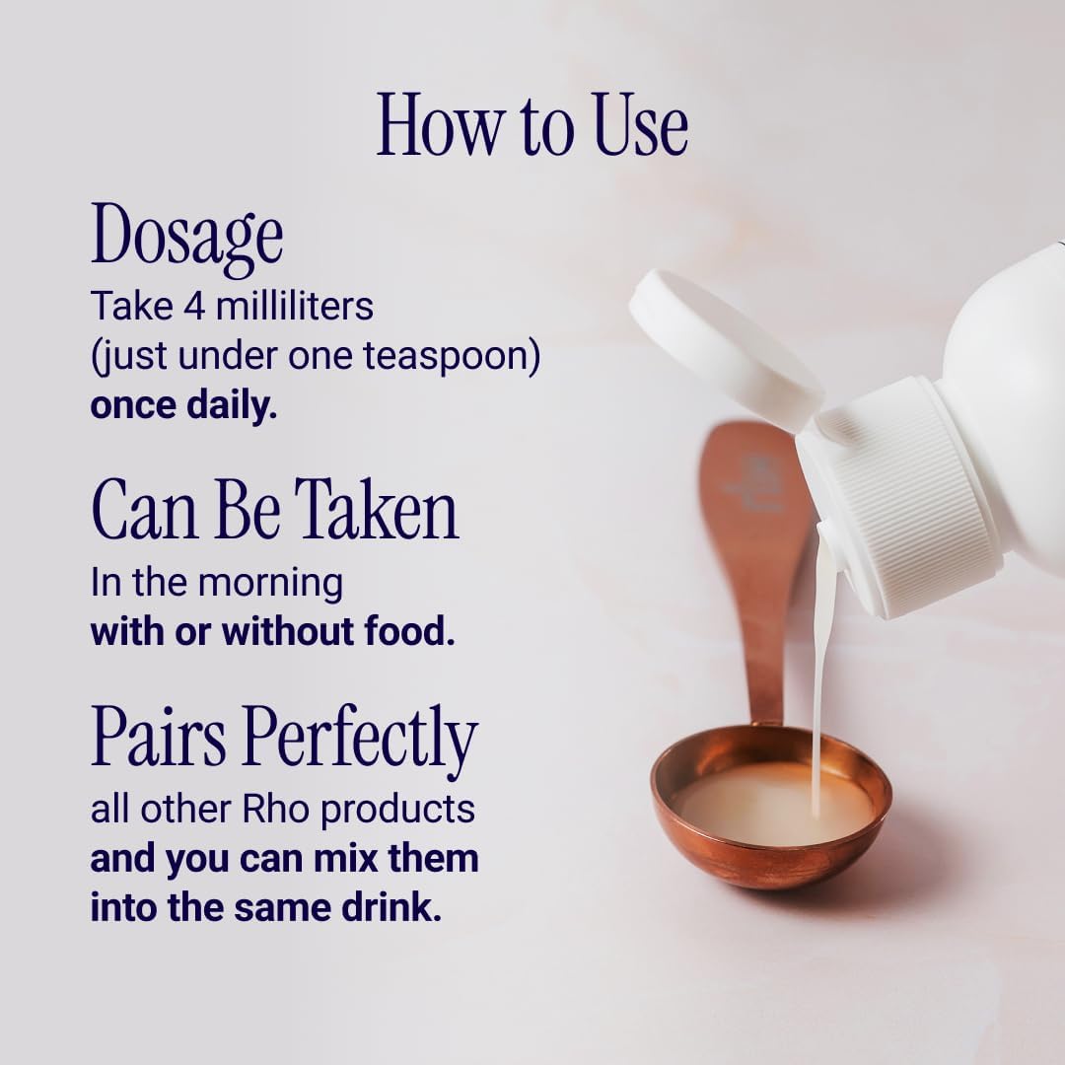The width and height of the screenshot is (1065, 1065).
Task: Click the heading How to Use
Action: point(532,125)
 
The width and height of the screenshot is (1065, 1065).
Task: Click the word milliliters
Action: point(294,306)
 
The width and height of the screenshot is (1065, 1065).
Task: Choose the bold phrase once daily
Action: point(183,405)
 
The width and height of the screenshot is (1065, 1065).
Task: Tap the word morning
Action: point(270,584)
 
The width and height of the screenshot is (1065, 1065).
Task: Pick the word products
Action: point(398,811)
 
